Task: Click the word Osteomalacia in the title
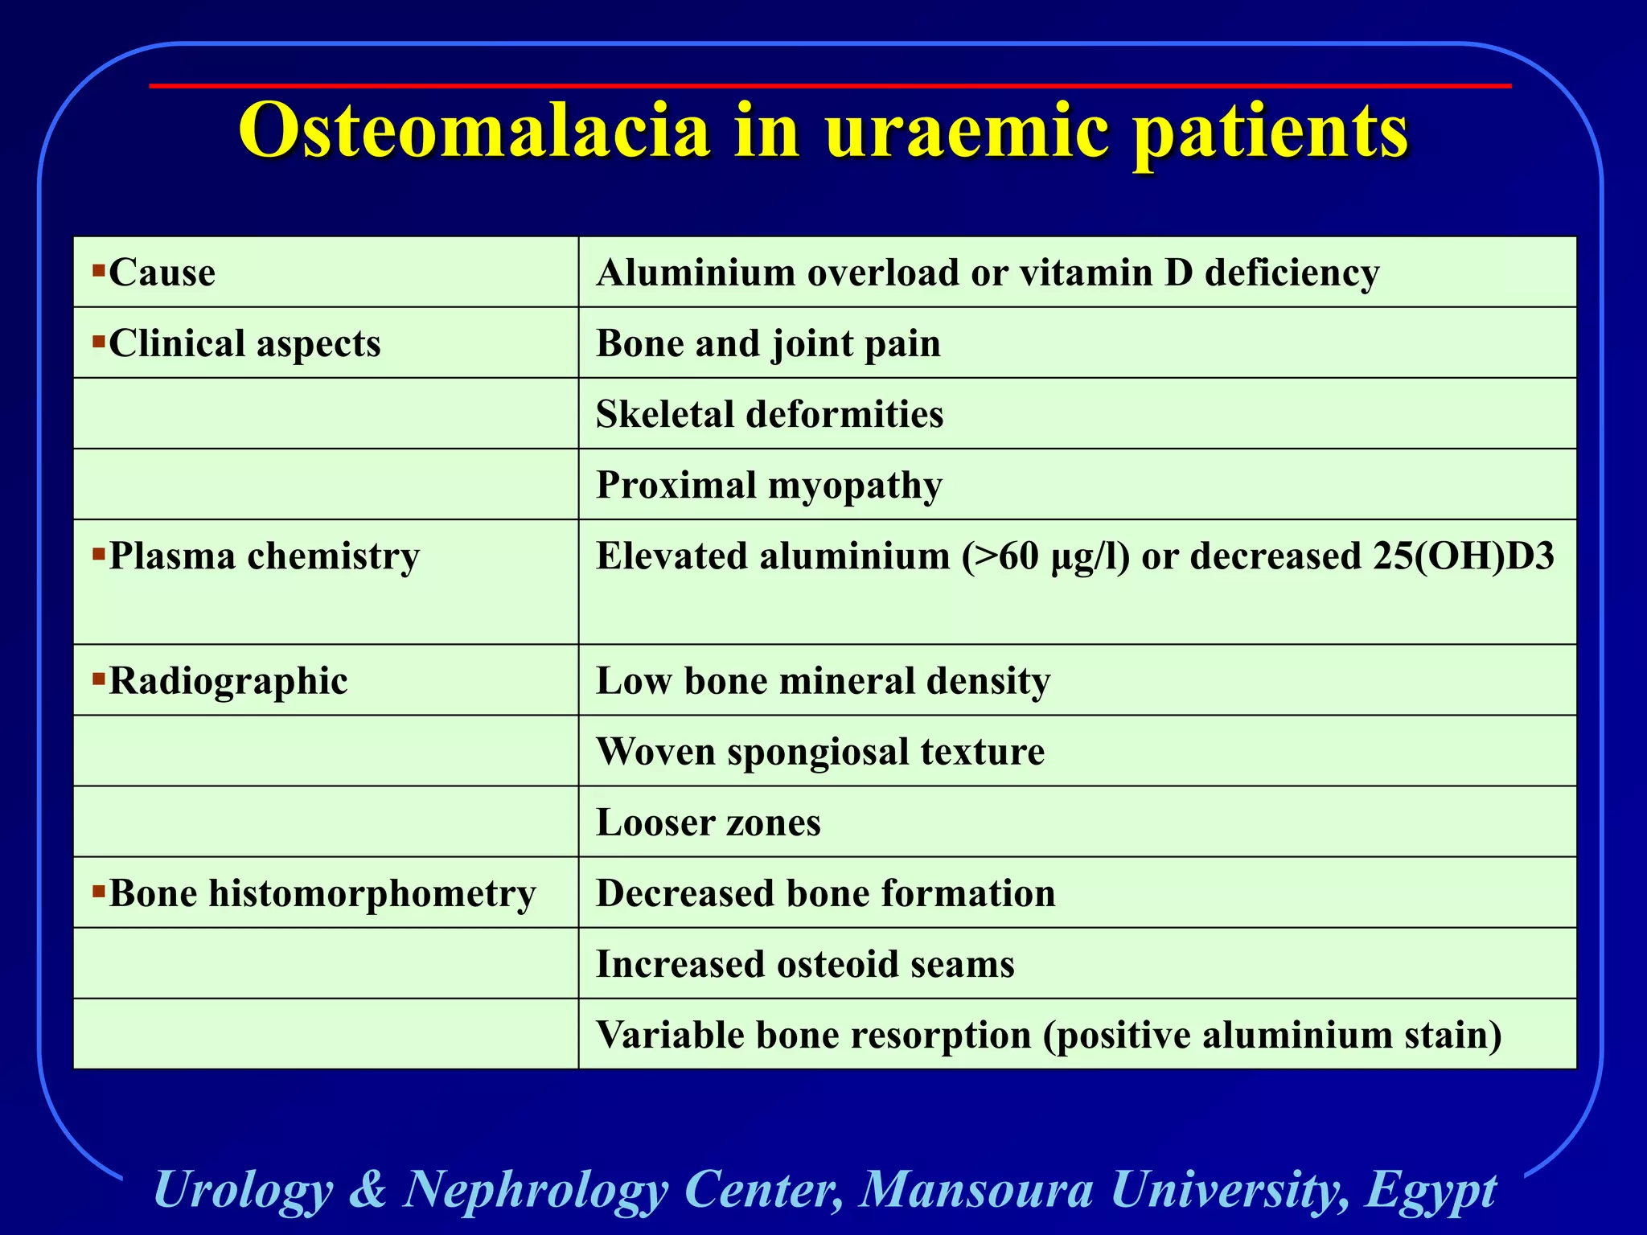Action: click(474, 131)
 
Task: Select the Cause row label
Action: click(162, 273)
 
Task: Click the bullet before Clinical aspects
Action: click(99, 342)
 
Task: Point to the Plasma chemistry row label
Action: click(264, 556)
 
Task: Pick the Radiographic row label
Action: click(228, 681)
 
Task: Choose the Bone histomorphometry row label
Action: click(322, 893)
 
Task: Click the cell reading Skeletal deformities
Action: click(770, 414)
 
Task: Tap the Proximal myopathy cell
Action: click(769, 486)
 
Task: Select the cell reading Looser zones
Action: click(708, 823)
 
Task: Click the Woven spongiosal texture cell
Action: click(819, 752)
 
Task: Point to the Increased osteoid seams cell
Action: click(805, 964)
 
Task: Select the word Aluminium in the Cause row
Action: click(696, 273)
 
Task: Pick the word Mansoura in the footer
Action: click(976, 1189)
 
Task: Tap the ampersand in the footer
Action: click(368, 1189)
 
